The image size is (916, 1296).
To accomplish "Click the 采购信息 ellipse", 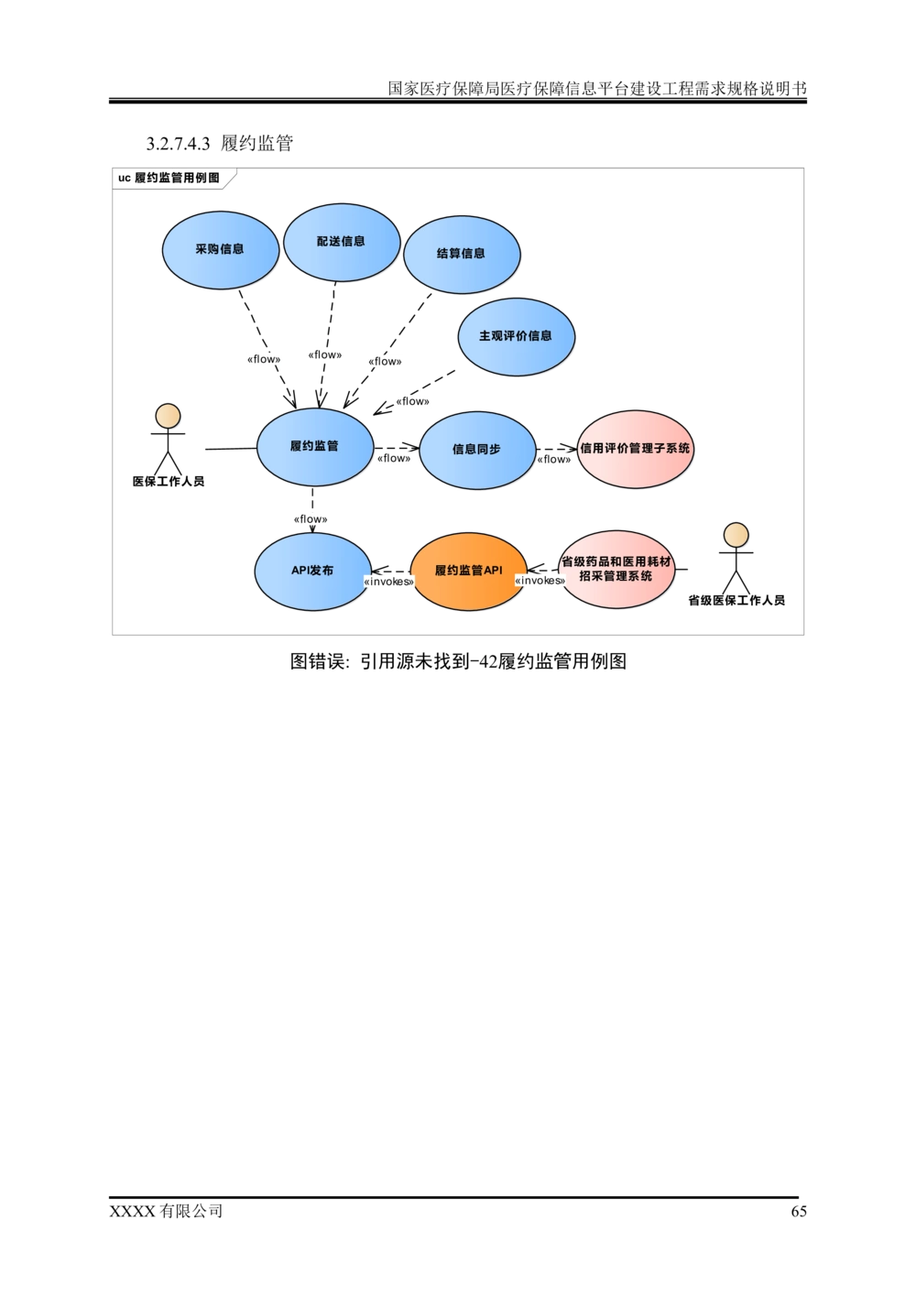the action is tap(221, 250).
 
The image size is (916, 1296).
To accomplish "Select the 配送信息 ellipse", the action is tap(342, 243).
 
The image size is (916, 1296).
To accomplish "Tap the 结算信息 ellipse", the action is tap(462, 255).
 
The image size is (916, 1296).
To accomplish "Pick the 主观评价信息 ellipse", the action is tap(516, 337).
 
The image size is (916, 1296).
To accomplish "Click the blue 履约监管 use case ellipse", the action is tap(315, 447).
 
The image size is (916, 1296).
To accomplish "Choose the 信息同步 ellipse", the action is tap(477, 450).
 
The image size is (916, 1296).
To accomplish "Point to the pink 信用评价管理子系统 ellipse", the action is tap(636, 449).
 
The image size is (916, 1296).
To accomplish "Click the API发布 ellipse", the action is tap(313, 571).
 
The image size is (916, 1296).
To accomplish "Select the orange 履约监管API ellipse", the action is tap(469, 571).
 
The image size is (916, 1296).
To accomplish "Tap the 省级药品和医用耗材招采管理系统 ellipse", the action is tap(616, 570).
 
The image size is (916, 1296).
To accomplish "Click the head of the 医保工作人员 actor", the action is tap(168, 416).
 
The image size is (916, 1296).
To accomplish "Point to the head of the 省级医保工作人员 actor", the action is tap(736, 535).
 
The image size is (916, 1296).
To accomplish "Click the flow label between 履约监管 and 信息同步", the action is tap(394, 458).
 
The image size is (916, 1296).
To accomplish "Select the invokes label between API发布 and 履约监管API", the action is tap(389, 582).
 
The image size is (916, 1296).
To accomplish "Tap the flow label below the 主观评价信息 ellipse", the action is tap(412, 401).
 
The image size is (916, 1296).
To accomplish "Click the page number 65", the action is tap(799, 1212).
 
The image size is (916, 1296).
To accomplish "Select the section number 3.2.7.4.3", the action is tap(178, 144).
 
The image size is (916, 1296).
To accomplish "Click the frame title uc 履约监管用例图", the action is tap(169, 178).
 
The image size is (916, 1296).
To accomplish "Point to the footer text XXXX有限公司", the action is tap(166, 1212).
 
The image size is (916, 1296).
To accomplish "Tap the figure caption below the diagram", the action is tap(458, 660).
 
